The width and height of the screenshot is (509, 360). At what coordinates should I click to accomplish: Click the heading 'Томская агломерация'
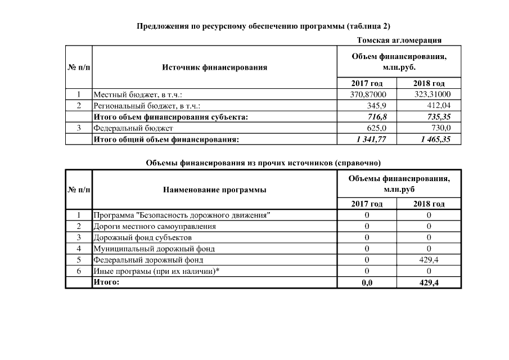click(399, 40)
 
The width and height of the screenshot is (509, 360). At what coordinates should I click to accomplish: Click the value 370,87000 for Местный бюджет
click(373, 94)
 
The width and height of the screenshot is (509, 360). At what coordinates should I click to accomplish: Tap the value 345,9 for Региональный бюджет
click(383, 105)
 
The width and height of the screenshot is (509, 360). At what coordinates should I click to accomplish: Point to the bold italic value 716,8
click(383, 117)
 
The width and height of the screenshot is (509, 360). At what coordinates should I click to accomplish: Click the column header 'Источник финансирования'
click(214, 67)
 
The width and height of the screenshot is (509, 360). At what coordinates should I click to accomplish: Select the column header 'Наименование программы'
click(214, 190)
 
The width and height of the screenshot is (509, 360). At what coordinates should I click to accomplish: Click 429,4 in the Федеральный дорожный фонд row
click(429, 260)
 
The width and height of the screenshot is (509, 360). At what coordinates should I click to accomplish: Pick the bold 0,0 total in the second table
click(367, 282)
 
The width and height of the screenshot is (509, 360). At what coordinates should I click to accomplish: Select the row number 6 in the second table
click(79, 271)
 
